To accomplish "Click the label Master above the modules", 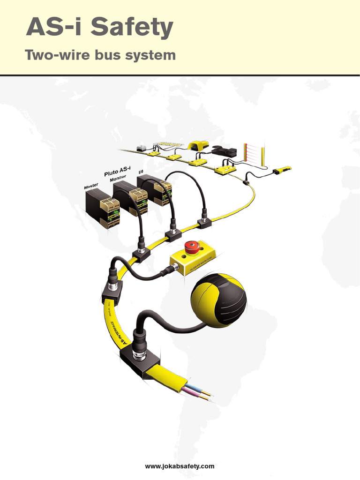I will [x=91, y=187].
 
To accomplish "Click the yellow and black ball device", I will [x=218, y=300].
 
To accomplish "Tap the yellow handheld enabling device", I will [x=283, y=170].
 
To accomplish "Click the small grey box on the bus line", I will [x=141, y=148].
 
